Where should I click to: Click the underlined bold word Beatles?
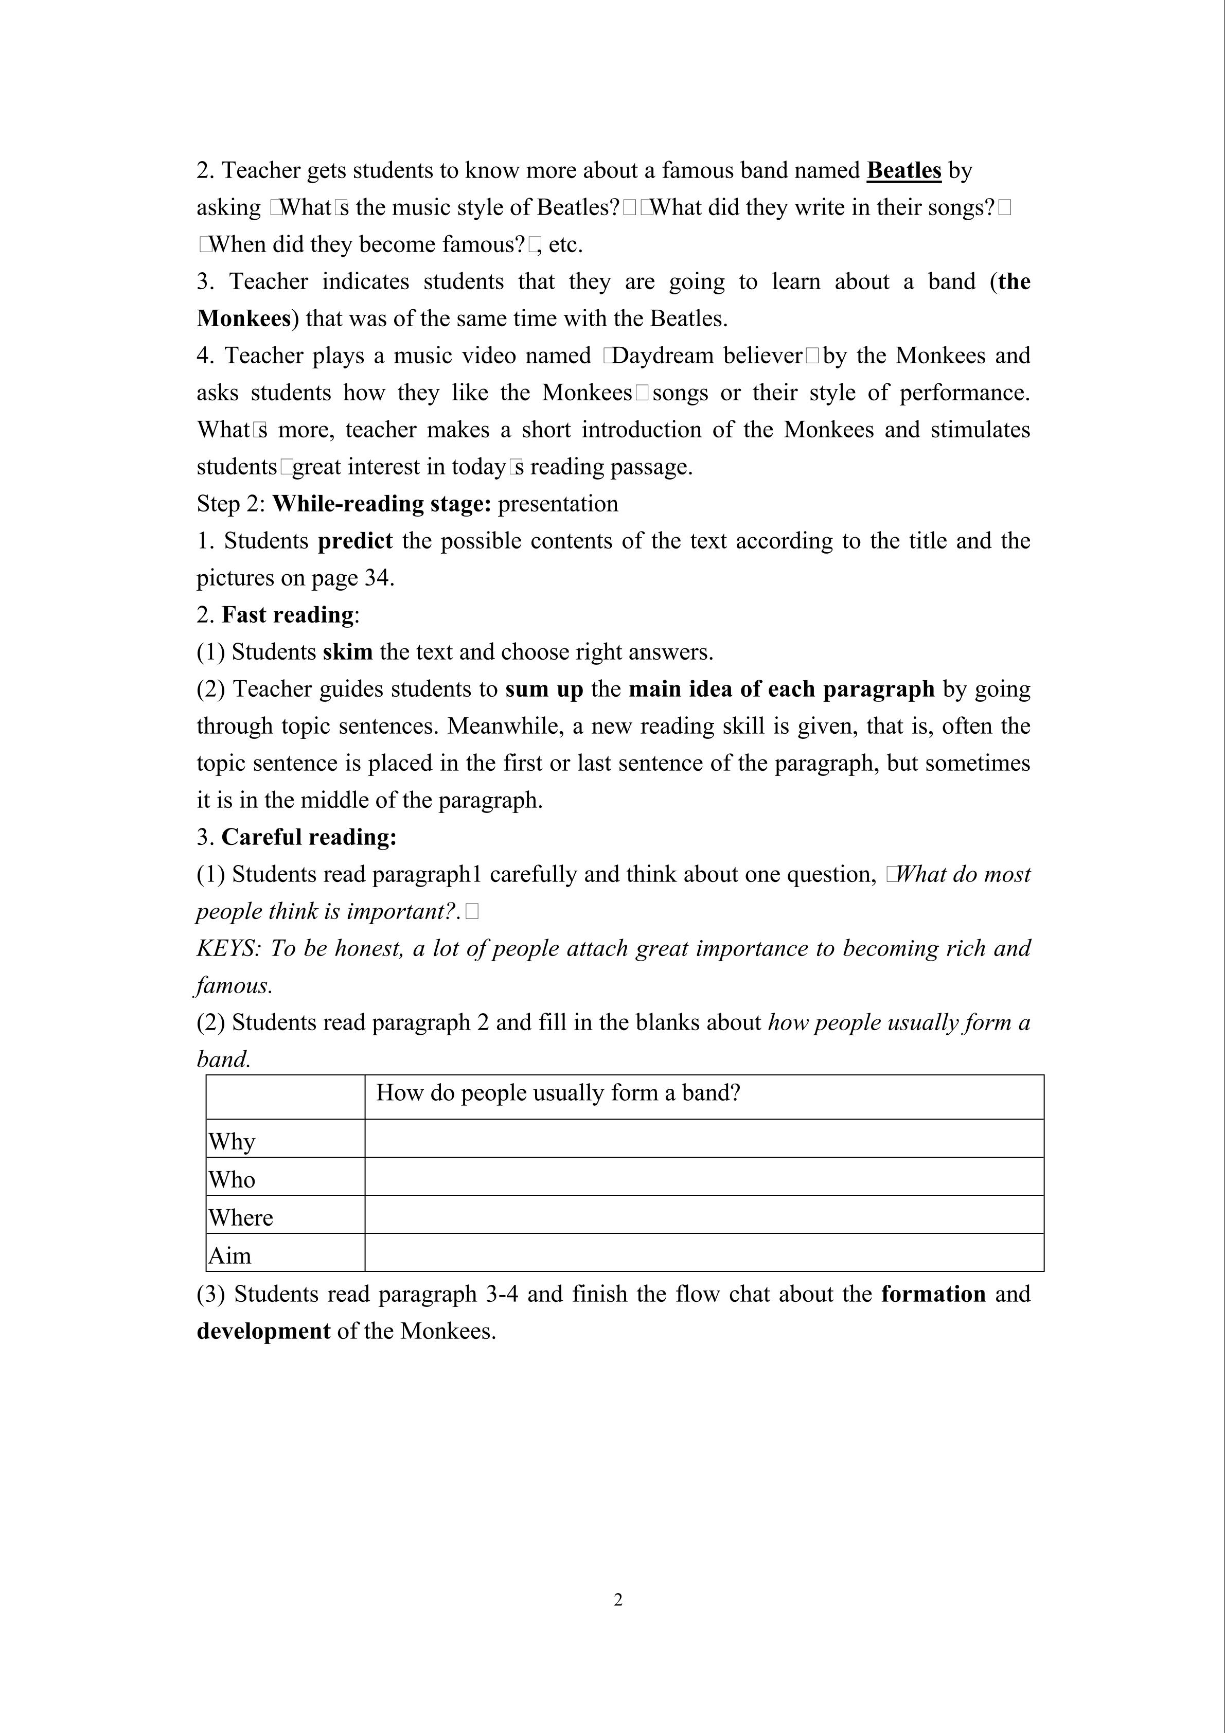[x=903, y=171]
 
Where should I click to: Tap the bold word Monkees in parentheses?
[x=243, y=319]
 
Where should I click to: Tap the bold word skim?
[x=347, y=651]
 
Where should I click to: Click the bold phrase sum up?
[x=544, y=688]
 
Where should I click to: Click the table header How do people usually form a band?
[x=558, y=1092]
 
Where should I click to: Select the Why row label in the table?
[x=232, y=1141]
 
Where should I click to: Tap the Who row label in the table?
[x=232, y=1179]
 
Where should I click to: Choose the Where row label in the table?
[x=241, y=1217]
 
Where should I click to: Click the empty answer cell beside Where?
[x=703, y=1214]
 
